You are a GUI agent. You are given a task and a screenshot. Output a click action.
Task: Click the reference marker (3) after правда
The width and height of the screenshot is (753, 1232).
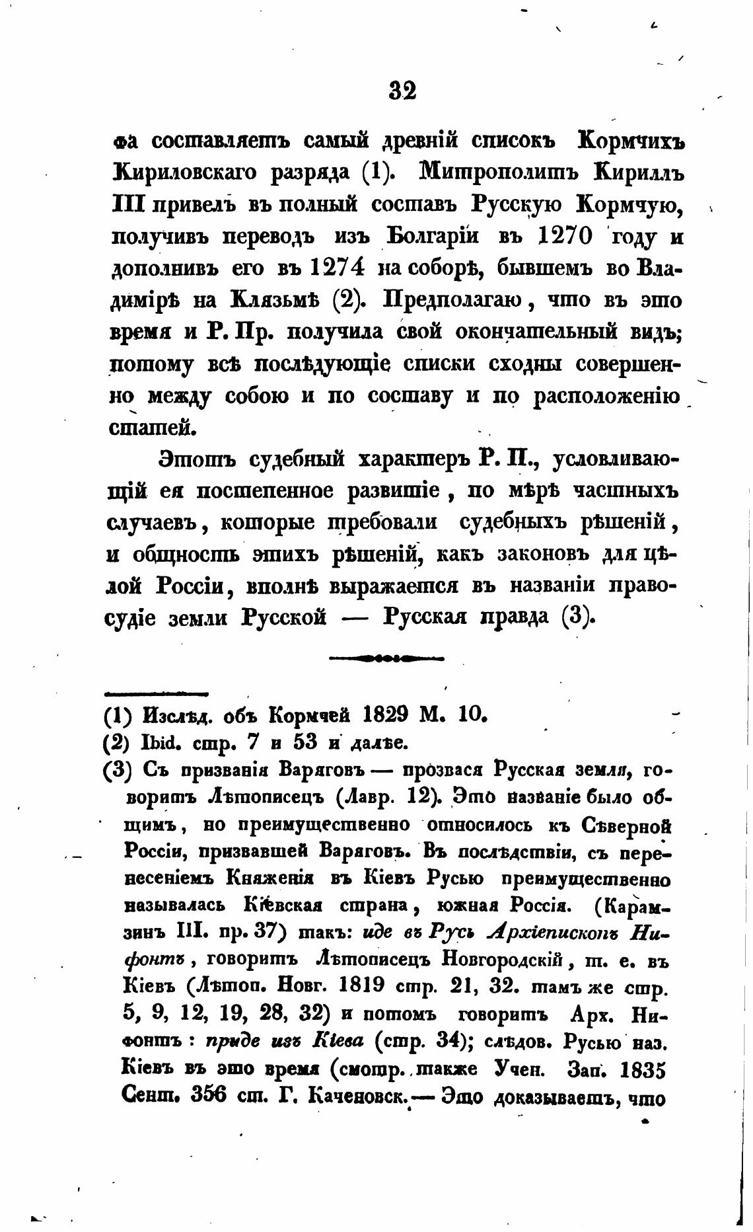[579, 617]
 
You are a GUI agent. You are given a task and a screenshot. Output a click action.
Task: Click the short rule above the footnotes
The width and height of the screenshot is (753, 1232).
[157, 693]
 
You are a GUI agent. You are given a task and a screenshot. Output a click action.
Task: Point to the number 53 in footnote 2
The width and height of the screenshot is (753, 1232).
[306, 743]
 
